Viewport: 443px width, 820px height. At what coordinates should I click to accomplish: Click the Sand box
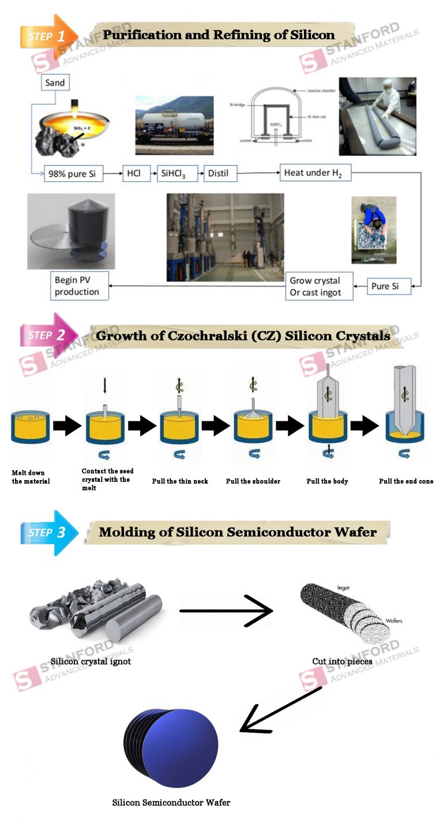pos(55,83)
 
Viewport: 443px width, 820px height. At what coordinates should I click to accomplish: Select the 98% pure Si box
pos(73,173)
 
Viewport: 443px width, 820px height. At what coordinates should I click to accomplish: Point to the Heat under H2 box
pos(314,173)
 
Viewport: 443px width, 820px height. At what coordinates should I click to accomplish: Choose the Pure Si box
pos(389,286)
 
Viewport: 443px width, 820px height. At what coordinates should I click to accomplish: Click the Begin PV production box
pos(79,286)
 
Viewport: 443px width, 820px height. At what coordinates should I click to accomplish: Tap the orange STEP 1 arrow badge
pos(50,35)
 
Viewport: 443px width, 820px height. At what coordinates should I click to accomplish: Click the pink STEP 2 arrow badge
pos(50,335)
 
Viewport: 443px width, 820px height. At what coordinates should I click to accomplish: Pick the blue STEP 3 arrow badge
pos(50,533)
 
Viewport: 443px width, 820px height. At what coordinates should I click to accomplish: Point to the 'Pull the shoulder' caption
pos(253,481)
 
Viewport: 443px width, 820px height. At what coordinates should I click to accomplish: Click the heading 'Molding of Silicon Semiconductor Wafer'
pos(238,531)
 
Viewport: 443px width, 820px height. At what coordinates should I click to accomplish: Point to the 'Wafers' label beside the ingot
pos(394,621)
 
